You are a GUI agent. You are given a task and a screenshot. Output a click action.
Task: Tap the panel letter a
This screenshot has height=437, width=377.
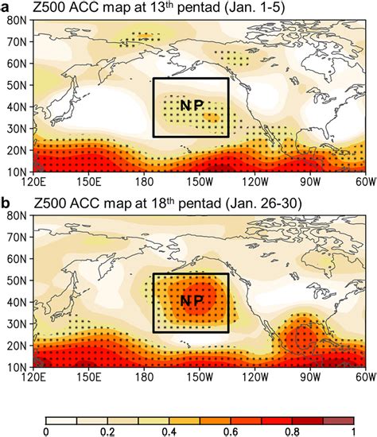[x=6, y=6]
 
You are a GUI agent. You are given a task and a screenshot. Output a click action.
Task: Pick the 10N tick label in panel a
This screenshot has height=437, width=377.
[x=15, y=172]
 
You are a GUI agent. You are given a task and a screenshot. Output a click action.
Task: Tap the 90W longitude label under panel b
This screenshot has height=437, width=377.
[x=309, y=377]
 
